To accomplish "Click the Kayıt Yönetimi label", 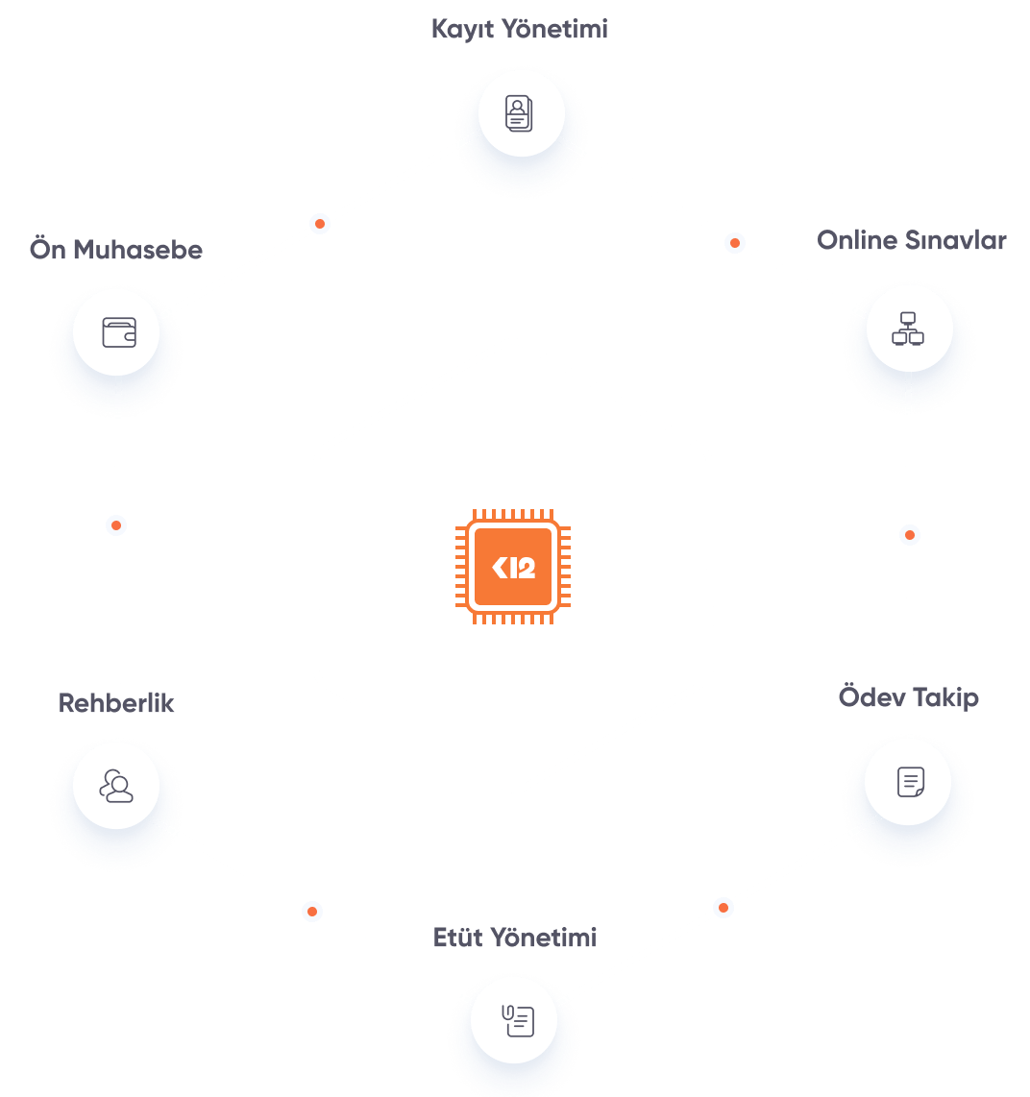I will [519, 30].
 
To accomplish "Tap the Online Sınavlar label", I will [911, 240].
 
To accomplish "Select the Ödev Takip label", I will [908, 697].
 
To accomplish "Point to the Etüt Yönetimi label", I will [515, 938].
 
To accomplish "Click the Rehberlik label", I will [116, 703].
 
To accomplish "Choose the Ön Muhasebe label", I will [116, 250].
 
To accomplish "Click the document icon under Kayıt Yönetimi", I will [519, 114].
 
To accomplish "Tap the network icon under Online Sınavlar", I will [908, 329].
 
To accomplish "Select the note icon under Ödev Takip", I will [909, 782].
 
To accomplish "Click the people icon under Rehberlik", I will [116, 786].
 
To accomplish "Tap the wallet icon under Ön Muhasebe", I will [118, 332].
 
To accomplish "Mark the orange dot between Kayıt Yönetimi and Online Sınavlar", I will [735, 243].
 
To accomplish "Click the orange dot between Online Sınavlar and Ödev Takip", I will [910, 534].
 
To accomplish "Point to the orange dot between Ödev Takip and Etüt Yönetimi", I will [723, 907].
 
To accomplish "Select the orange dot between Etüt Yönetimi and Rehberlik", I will [311, 911].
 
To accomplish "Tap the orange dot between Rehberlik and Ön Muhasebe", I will [116, 525].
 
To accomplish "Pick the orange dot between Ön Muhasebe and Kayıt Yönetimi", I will [320, 224].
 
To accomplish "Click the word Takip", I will [945, 697].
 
